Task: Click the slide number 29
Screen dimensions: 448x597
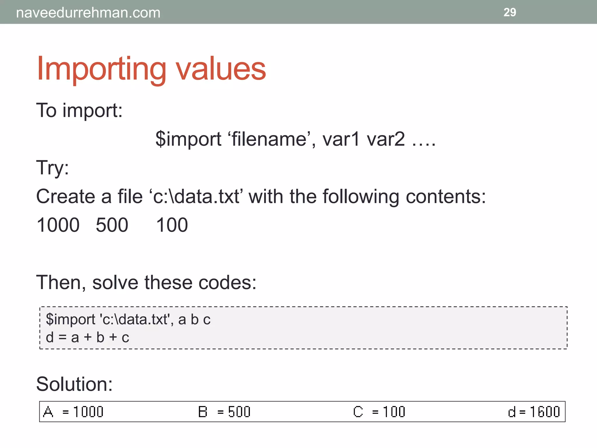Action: (510, 12)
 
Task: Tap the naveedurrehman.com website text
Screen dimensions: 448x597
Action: (88, 13)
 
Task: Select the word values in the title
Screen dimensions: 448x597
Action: (221, 69)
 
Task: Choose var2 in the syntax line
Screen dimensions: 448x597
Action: (386, 139)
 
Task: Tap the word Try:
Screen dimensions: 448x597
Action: (52, 168)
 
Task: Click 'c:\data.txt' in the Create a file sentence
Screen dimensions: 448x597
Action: (196, 196)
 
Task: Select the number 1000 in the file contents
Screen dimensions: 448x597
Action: (58, 225)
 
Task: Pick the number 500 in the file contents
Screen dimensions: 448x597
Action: (112, 225)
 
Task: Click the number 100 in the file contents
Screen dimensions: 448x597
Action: (172, 225)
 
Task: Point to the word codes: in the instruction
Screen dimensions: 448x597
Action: (227, 283)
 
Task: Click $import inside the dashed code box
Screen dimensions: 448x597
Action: (71, 319)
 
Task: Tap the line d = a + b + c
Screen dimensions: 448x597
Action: (87, 337)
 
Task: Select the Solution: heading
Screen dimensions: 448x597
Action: (74, 384)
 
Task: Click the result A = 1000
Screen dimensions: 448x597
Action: (73, 412)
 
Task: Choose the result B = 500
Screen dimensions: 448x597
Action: (224, 412)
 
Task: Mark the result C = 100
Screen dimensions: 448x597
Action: (379, 412)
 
